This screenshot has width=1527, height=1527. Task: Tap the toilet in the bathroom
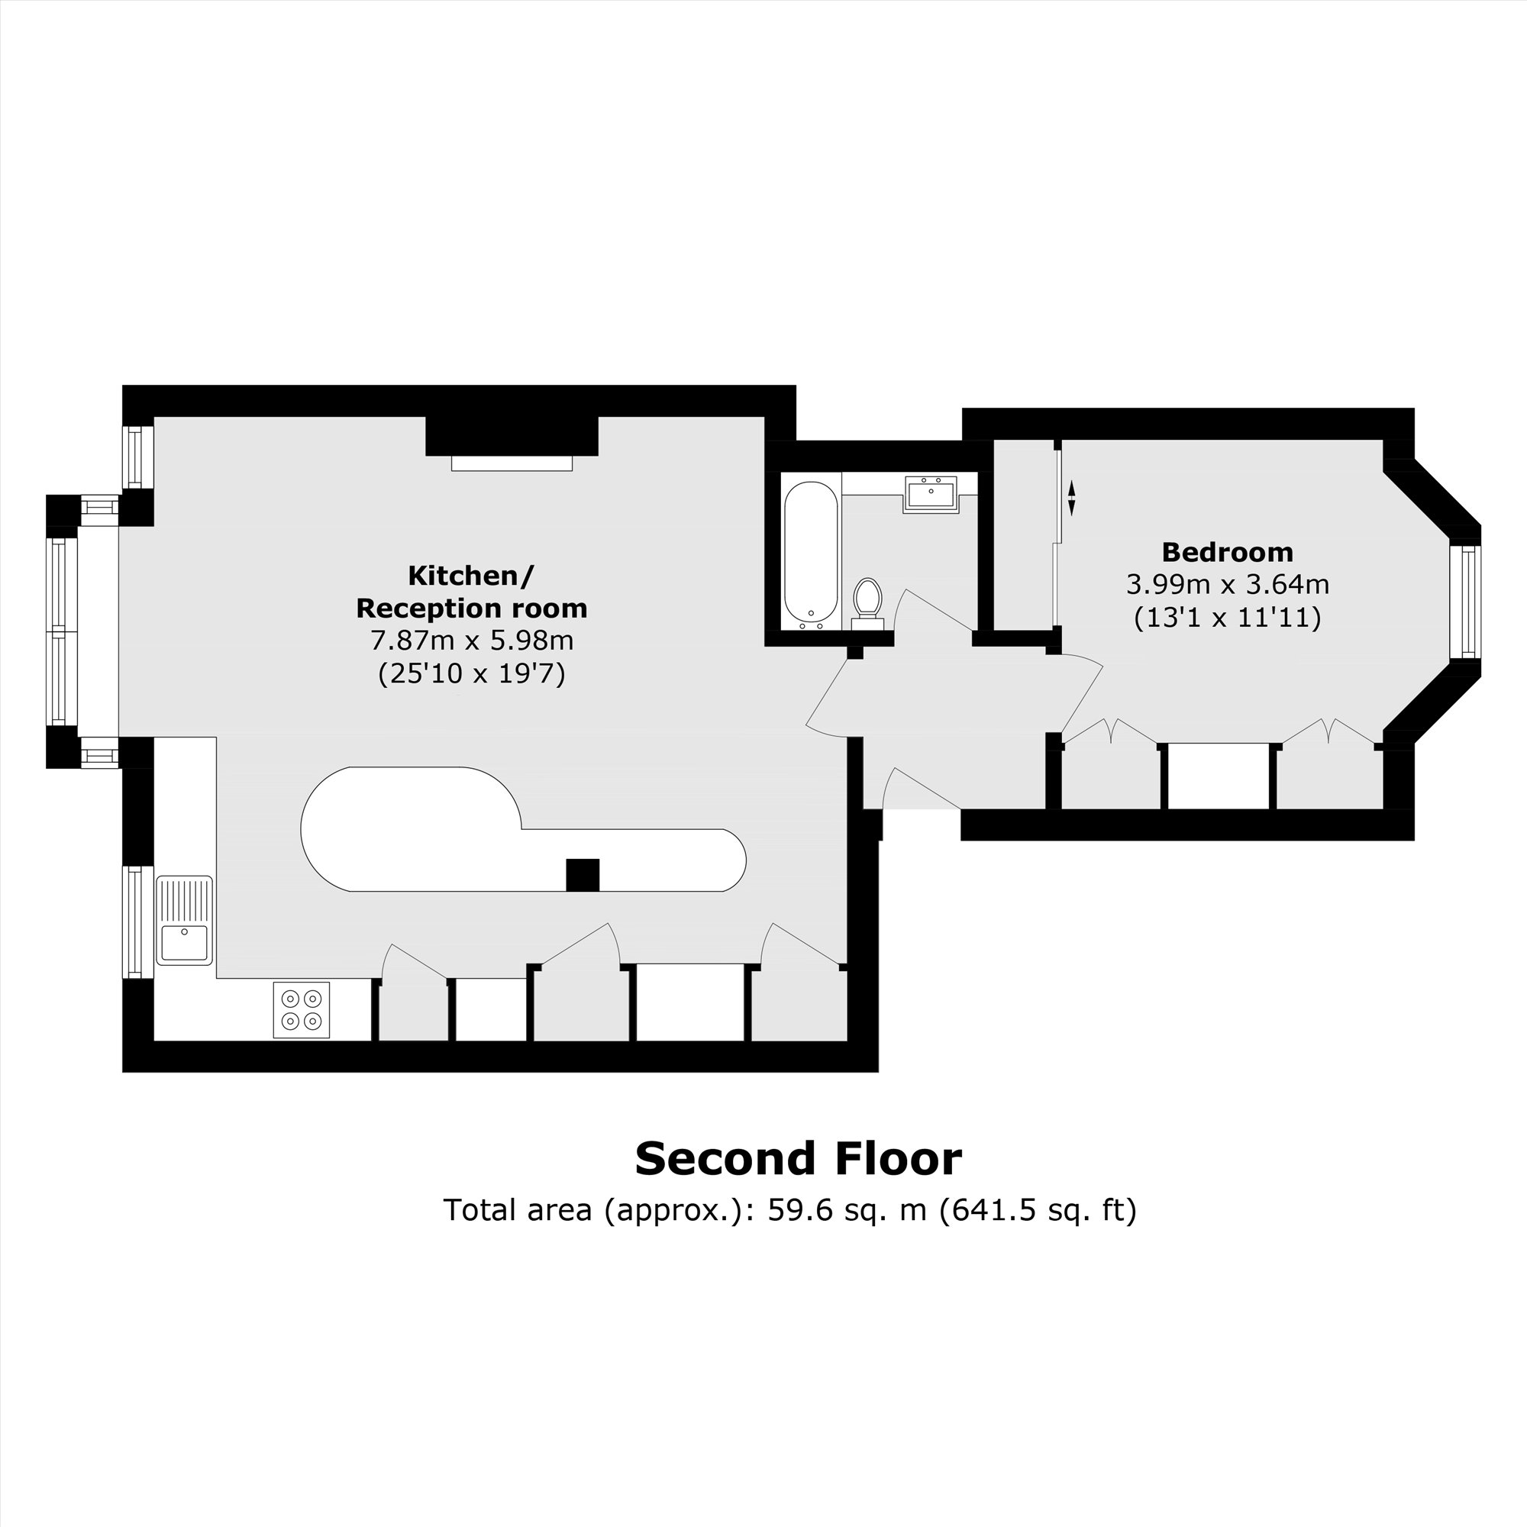pos(867,604)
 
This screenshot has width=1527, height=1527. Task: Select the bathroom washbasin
pos(930,495)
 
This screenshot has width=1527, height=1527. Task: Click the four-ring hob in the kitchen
pos(301,1009)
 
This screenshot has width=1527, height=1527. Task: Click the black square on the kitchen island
pos(583,875)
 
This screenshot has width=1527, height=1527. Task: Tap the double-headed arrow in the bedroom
pos(1072,499)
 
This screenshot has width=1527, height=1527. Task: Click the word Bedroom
pos(1228,552)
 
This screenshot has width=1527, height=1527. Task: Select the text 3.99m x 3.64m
pos(1228,585)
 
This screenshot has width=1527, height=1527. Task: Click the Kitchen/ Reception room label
pos(472,592)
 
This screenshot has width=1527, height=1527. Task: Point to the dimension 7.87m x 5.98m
pos(472,641)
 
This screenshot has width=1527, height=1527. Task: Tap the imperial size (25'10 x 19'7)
pos(472,674)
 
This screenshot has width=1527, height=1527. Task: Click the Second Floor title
pos(799,1159)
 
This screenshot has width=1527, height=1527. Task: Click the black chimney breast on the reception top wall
pos(512,435)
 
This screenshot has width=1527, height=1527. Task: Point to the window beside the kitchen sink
pos(137,922)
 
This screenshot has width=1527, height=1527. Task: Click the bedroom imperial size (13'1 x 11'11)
pos(1228,617)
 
